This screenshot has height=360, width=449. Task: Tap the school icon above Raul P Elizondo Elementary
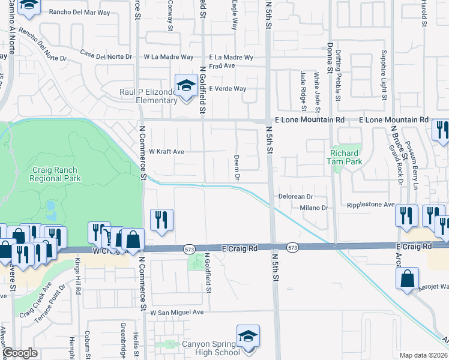point(186,85)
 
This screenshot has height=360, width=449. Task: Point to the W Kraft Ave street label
point(166,152)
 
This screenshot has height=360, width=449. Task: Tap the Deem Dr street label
point(237,169)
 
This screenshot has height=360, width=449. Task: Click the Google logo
point(20,353)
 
